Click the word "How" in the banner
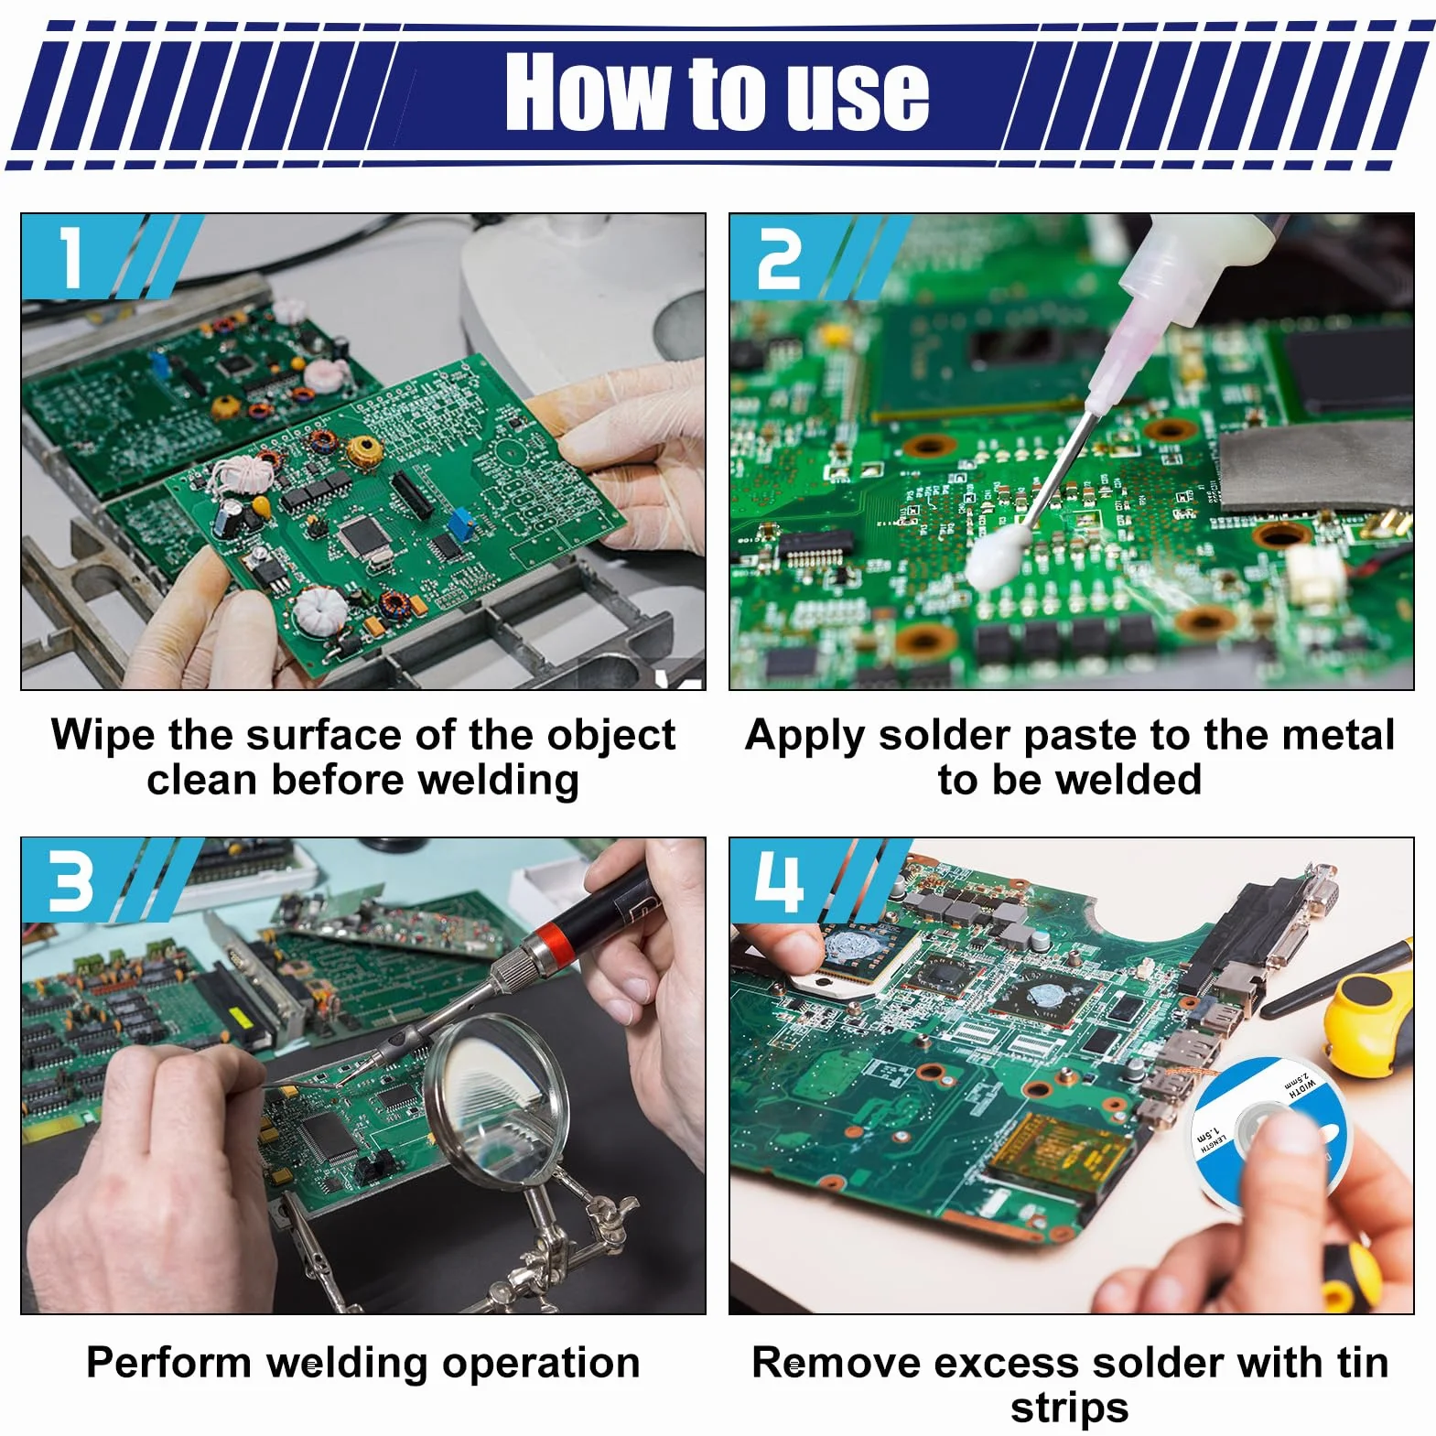[586, 91]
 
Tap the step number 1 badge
[73, 256]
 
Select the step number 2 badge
[779, 258]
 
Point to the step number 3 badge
[72, 881]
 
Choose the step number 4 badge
[779, 881]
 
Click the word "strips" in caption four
[1069, 1408]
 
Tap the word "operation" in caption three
[541, 1364]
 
